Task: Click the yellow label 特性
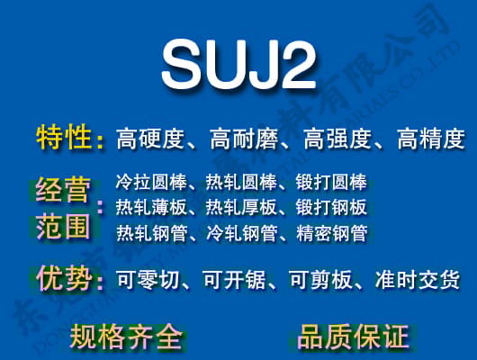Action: [64, 138]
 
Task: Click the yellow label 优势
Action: [64, 278]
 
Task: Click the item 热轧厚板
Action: [241, 208]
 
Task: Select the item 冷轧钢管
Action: [241, 234]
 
